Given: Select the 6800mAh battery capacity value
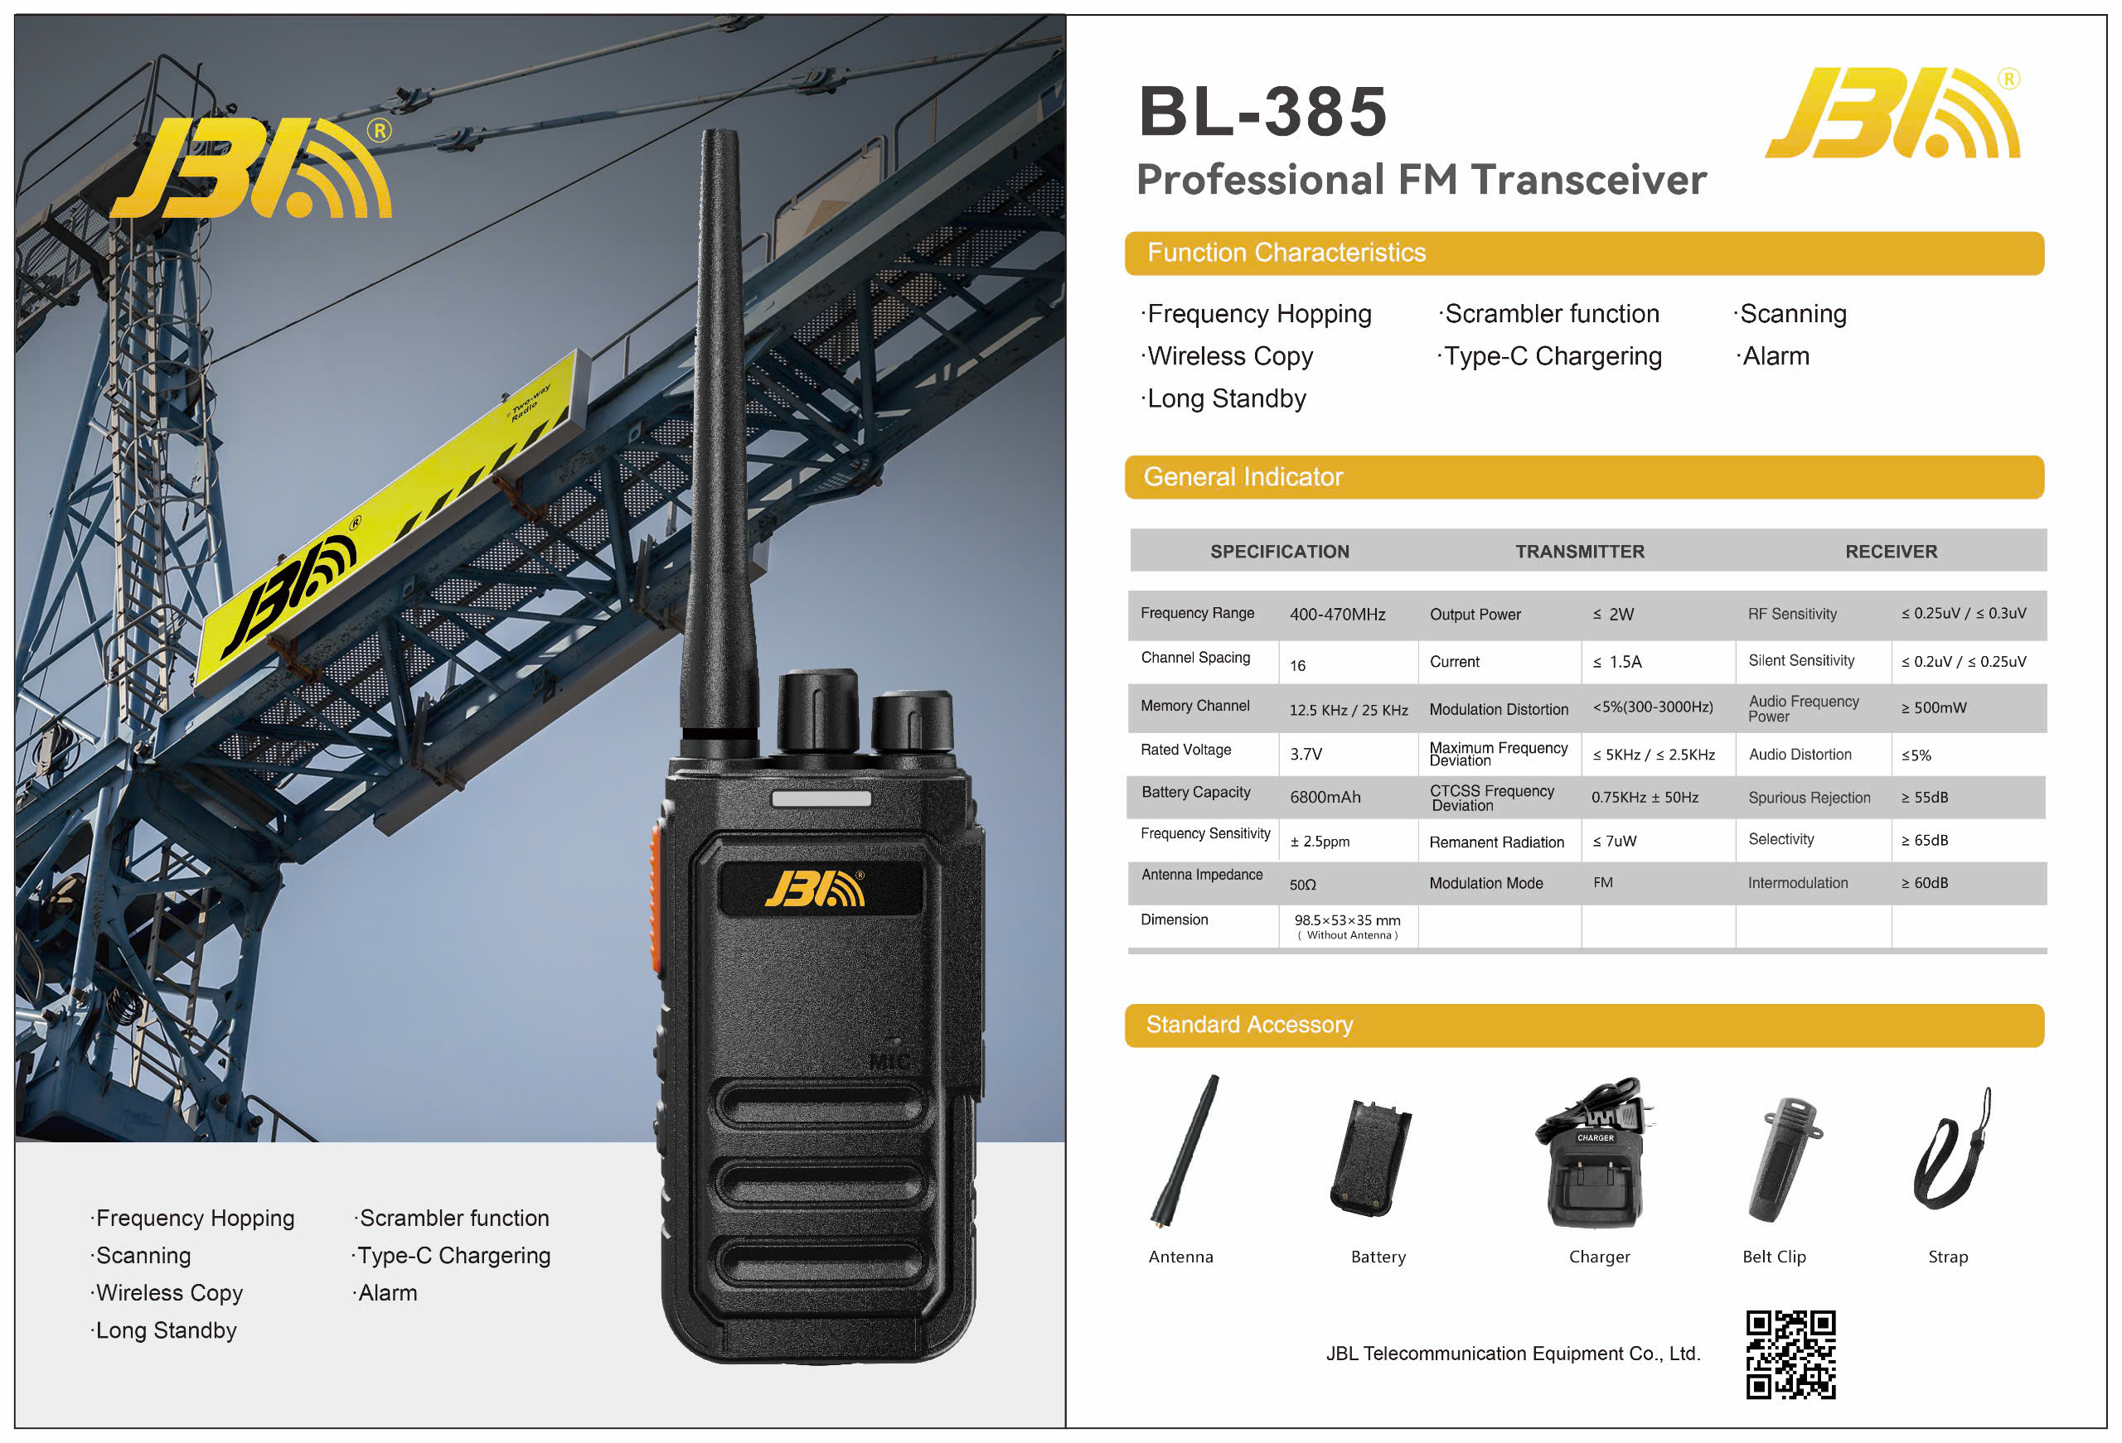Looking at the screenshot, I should click(x=1325, y=797).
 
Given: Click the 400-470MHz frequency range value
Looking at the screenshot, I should click(x=1337, y=615).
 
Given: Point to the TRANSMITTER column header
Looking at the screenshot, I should click(x=1579, y=552).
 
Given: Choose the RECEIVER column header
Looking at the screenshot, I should click(x=1890, y=552).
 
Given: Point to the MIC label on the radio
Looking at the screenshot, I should click(x=888, y=1061).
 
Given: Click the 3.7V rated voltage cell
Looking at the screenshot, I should click(x=1306, y=754).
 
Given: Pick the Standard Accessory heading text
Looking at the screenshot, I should click(x=1248, y=1024).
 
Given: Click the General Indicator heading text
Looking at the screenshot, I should click(x=1243, y=476).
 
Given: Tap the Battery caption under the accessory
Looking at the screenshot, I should click(x=1378, y=1257).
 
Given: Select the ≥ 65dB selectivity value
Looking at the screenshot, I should click(x=1924, y=840).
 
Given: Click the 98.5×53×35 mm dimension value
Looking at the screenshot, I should click(x=1347, y=920).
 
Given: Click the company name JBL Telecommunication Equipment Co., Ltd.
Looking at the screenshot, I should click(x=1512, y=1354).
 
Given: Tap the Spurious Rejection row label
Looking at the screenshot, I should click(x=1809, y=798).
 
